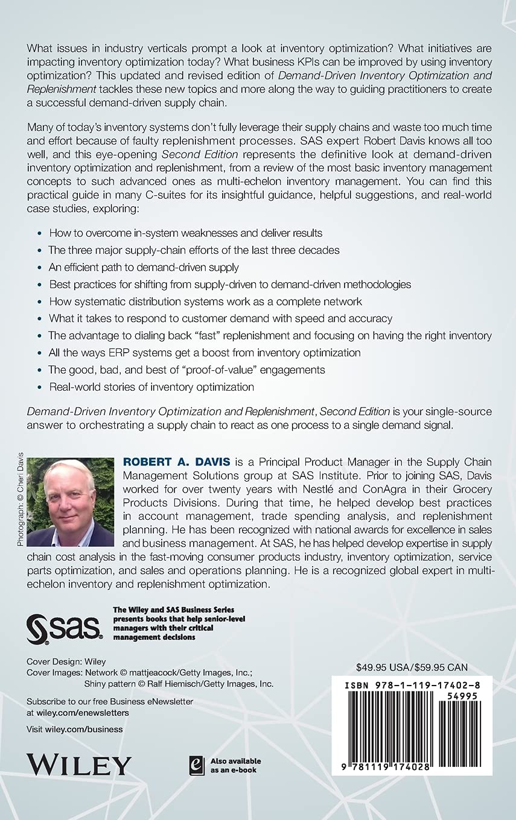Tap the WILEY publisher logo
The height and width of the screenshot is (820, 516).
coord(78,764)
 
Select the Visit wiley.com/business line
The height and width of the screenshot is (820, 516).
coord(75,729)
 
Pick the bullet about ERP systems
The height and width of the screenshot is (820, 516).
coord(205,352)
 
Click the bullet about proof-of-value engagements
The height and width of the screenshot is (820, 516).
coord(186,370)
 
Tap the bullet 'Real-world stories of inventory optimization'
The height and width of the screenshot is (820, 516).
coord(151,386)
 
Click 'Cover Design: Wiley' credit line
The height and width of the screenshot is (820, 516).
coord(66,661)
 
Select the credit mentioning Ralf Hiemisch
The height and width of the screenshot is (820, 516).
coord(178,684)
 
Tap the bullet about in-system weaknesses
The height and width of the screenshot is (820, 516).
coord(185,233)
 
